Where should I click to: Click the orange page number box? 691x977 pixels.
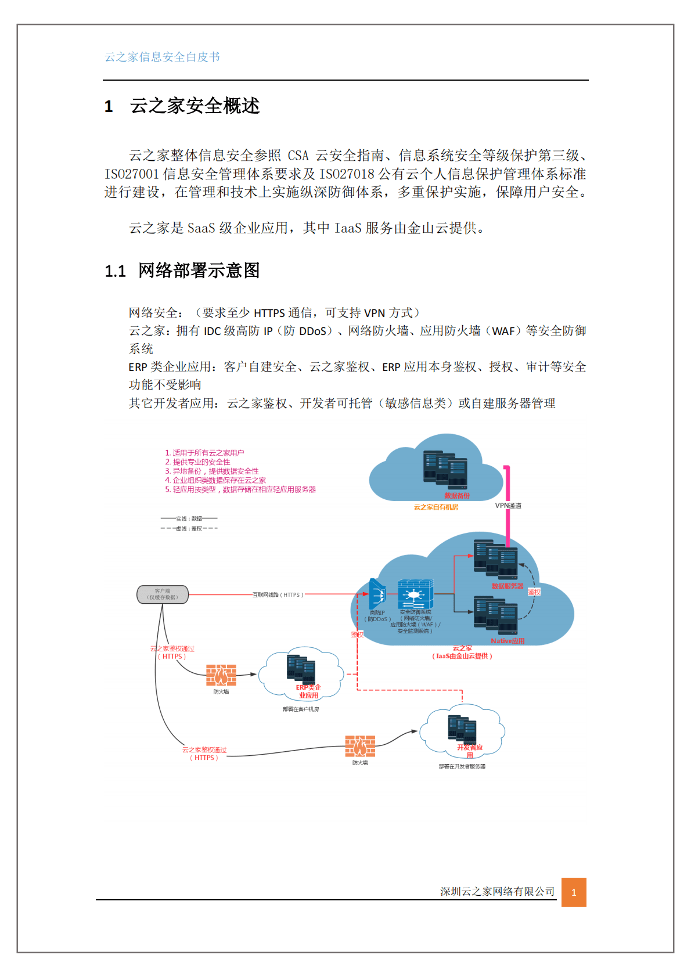click(x=574, y=892)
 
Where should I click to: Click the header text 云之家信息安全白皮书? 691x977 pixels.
click(x=162, y=57)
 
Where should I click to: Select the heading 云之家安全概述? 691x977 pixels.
click(x=195, y=106)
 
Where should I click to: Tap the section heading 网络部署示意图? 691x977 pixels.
click(x=199, y=271)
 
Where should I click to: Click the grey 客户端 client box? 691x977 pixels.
click(x=163, y=594)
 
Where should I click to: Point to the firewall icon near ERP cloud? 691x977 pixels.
click(x=221, y=675)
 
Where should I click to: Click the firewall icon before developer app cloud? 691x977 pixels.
click(x=360, y=746)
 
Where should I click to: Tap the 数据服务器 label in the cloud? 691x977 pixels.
click(x=507, y=586)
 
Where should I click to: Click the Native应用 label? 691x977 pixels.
click(x=507, y=641)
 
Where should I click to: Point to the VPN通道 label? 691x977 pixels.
click(x=508, y=506)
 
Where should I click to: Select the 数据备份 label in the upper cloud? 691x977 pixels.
click(x=456, y=496)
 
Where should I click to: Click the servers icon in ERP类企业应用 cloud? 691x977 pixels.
click(x=301, y=668)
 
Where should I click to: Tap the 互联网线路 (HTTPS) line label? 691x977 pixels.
click(x=278, y=595)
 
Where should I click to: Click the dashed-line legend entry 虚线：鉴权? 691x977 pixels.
click(x=189, y=528)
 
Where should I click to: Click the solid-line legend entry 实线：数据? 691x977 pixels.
click(x=189, y=518)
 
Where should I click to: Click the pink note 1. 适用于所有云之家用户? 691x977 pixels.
click(x=204, y=453)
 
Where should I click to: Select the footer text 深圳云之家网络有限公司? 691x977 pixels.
click(x=497, y=892)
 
